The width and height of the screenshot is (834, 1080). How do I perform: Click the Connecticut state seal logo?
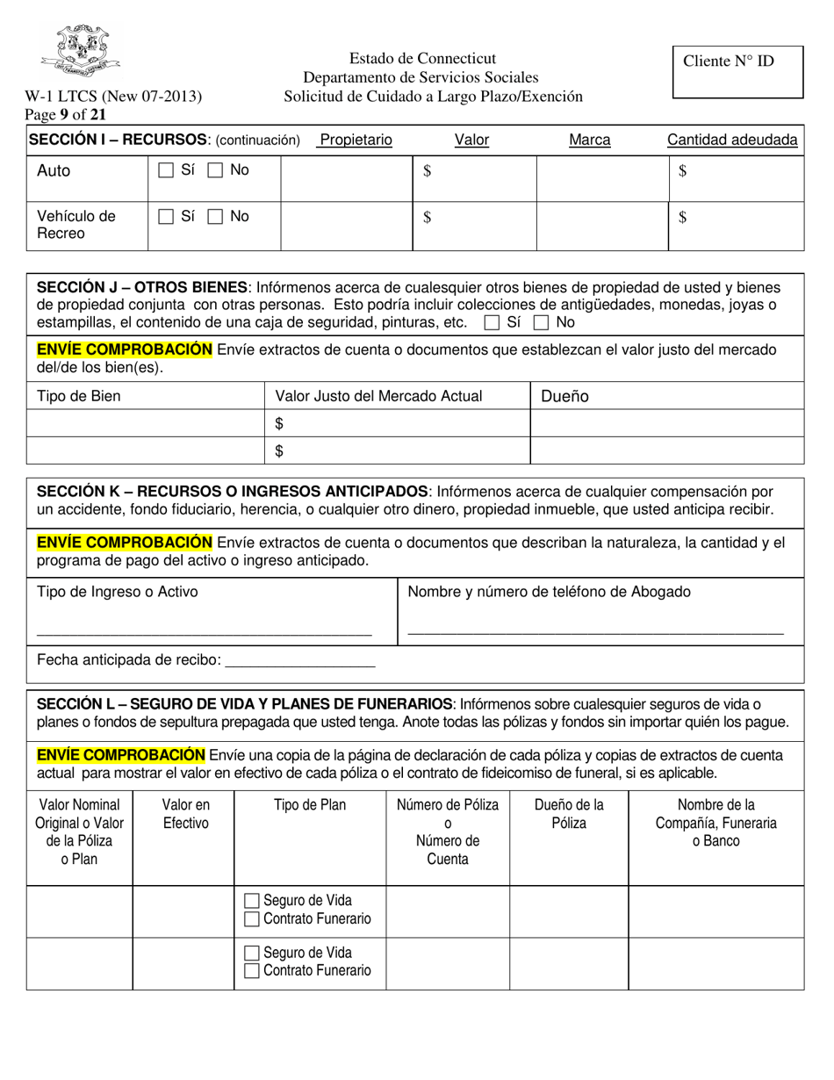click(80, 50)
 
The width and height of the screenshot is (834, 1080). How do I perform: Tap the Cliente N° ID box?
click(737, 72)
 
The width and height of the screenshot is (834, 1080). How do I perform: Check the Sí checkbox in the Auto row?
click(166, 171)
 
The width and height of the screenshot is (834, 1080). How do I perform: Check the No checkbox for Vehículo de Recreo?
click(215, 217)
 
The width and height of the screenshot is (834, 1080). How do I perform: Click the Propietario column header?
click(356, 140)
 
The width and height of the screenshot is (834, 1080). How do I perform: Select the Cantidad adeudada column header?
click(732, 140)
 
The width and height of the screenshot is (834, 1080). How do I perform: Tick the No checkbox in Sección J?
click(542, 323)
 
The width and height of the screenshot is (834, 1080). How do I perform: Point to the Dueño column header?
click(564, 396)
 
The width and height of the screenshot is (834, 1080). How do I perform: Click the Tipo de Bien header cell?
click(79, 396)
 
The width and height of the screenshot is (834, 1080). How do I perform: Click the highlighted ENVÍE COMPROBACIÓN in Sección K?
click(124, 543)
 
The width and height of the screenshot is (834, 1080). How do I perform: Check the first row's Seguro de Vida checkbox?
click(252, 901)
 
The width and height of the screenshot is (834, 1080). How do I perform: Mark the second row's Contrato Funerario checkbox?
click(252, 971)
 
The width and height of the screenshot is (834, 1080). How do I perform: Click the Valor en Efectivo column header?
click(185, 814)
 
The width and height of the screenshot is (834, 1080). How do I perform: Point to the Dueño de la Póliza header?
click(569, 814)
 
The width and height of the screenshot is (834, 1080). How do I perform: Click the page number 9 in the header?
click(64, 114)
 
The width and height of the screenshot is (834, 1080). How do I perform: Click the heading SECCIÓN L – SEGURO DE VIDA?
click(244, 704)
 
